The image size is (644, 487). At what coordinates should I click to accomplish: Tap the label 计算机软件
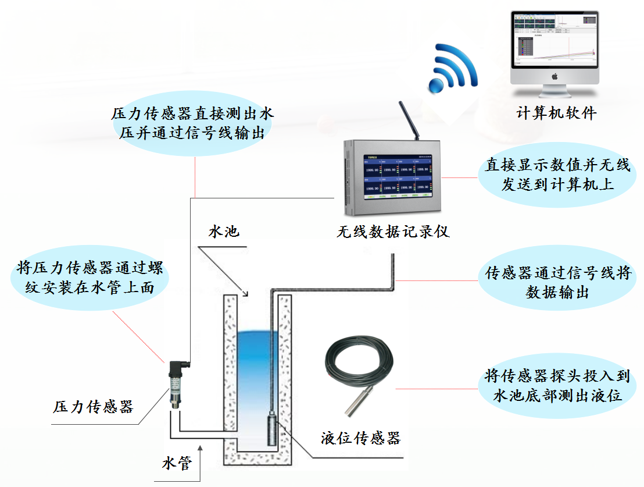(x=556, y=113)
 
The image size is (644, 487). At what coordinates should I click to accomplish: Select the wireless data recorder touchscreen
(x=398, y=176)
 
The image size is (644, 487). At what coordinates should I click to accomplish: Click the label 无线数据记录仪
(x=393, y=232)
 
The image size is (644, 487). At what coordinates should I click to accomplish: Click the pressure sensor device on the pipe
(x=176, y=384)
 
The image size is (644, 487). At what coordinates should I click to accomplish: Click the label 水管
(x=177, y=464)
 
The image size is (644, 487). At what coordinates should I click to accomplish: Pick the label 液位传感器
(x=361, y=438)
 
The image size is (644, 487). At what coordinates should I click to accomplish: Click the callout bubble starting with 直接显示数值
(x=557, y=175)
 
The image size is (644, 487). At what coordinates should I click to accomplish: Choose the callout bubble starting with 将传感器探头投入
(x=557, y=385)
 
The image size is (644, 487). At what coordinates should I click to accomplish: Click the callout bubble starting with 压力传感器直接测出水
(x=192, y=123)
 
